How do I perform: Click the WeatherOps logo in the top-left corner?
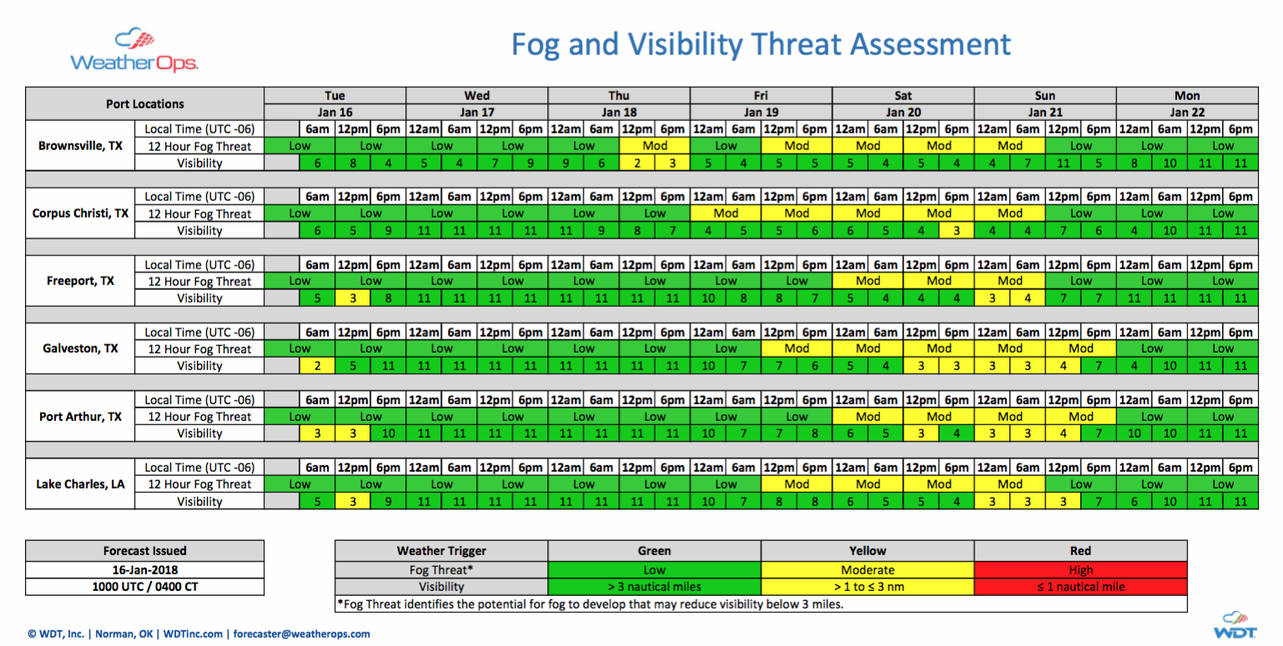click(133, 51)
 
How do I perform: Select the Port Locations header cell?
click(145, 104)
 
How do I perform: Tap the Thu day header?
click(618, 96)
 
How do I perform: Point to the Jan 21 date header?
click(1044, 112)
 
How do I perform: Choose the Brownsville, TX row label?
click(80, 145)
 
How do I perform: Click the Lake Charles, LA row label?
click(80, 483)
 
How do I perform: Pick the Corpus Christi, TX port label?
click(80, 213)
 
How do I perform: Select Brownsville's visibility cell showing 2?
click(636, 163)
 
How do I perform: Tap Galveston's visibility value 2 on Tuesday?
click(317, 366)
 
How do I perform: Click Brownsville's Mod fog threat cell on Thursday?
click(655, 146)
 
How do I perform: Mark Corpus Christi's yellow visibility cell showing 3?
click(957, 231)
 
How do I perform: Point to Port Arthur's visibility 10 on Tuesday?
click(388, 433)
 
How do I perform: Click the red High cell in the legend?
click(1080, 569)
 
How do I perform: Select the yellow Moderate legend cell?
click(868, 569)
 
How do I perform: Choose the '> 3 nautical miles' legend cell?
click(655, 587)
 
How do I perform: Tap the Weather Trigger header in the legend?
click(441, 551)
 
